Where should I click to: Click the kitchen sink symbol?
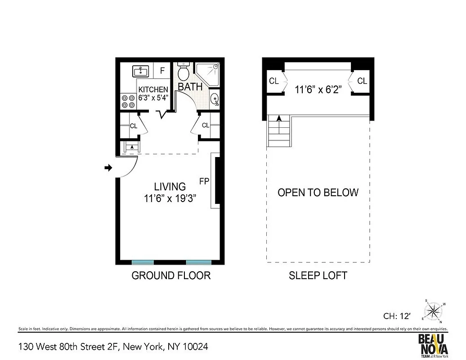click(x=141, y=71)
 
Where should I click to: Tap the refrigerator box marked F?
click(x=162, y=71)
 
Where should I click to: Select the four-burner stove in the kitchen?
click(x=128, y=101)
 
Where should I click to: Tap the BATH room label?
click(x=190, y=87)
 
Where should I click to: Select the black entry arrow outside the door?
click(x=108, y=168)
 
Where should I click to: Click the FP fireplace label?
click(x=205, y=181)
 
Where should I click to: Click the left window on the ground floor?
click(x=143, y=262)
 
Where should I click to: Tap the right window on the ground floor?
click(x=198, y=262)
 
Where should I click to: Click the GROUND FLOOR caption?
click(x=171, y=275)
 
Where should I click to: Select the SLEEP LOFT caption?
click(x=318, y=275)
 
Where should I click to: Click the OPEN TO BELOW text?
click(x=318, y=193)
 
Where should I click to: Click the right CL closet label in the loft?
click(x=362, y=81)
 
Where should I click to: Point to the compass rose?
click(x=434, y=310)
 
